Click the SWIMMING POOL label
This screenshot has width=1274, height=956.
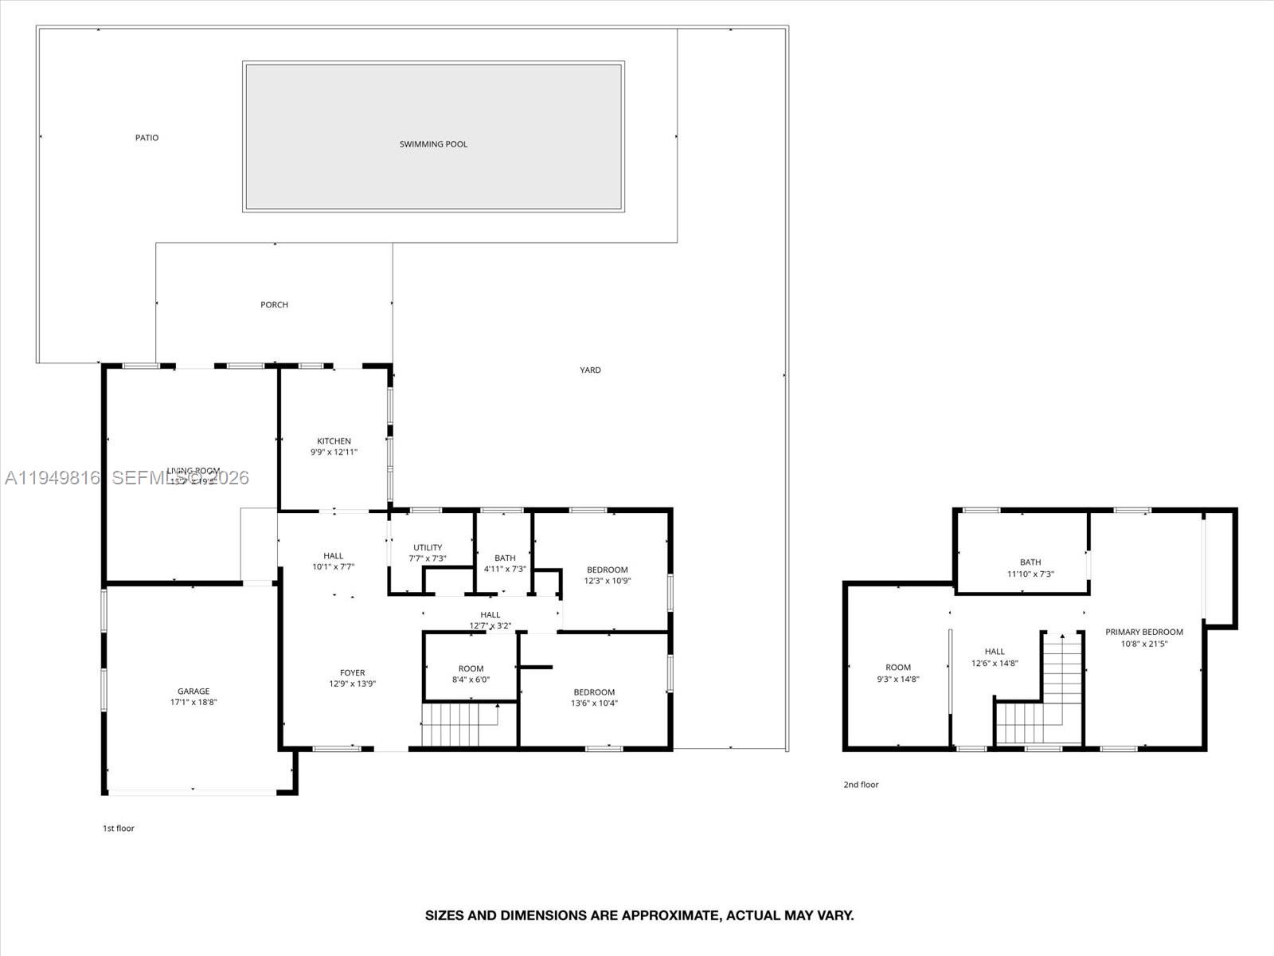(x=433, y=144)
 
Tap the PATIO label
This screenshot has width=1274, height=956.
(x=147, y=138)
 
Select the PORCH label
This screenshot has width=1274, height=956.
(x=274, y=304)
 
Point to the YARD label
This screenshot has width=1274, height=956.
(x=590, y=370)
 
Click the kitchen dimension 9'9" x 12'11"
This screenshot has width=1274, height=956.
(x=334, y=453)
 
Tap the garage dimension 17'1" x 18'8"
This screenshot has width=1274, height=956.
(x=193, y=703)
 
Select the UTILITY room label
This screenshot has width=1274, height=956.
(x=428, y=547)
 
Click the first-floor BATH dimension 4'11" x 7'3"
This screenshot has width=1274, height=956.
(x=505, y=569)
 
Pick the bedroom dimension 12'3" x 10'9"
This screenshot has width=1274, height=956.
(x=608, y=581)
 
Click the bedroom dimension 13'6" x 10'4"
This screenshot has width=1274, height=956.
(x=594, y=703)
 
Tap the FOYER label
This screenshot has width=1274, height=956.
(x=352, y=672)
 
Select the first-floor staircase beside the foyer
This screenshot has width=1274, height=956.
(x=459, y=724)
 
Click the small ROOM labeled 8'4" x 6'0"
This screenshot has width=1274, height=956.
(x=471, y=674)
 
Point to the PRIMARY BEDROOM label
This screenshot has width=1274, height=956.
(x=1144, y=632)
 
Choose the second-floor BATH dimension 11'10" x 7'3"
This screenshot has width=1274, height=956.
(x=1030, y=574)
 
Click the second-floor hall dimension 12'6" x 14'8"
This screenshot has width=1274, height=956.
(x=995, y=663)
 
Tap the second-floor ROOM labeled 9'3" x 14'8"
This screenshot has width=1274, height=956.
(x=897, y=673)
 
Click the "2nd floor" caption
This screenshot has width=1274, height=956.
(x=861, y=785)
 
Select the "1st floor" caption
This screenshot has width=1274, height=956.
(x=119, y=829)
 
